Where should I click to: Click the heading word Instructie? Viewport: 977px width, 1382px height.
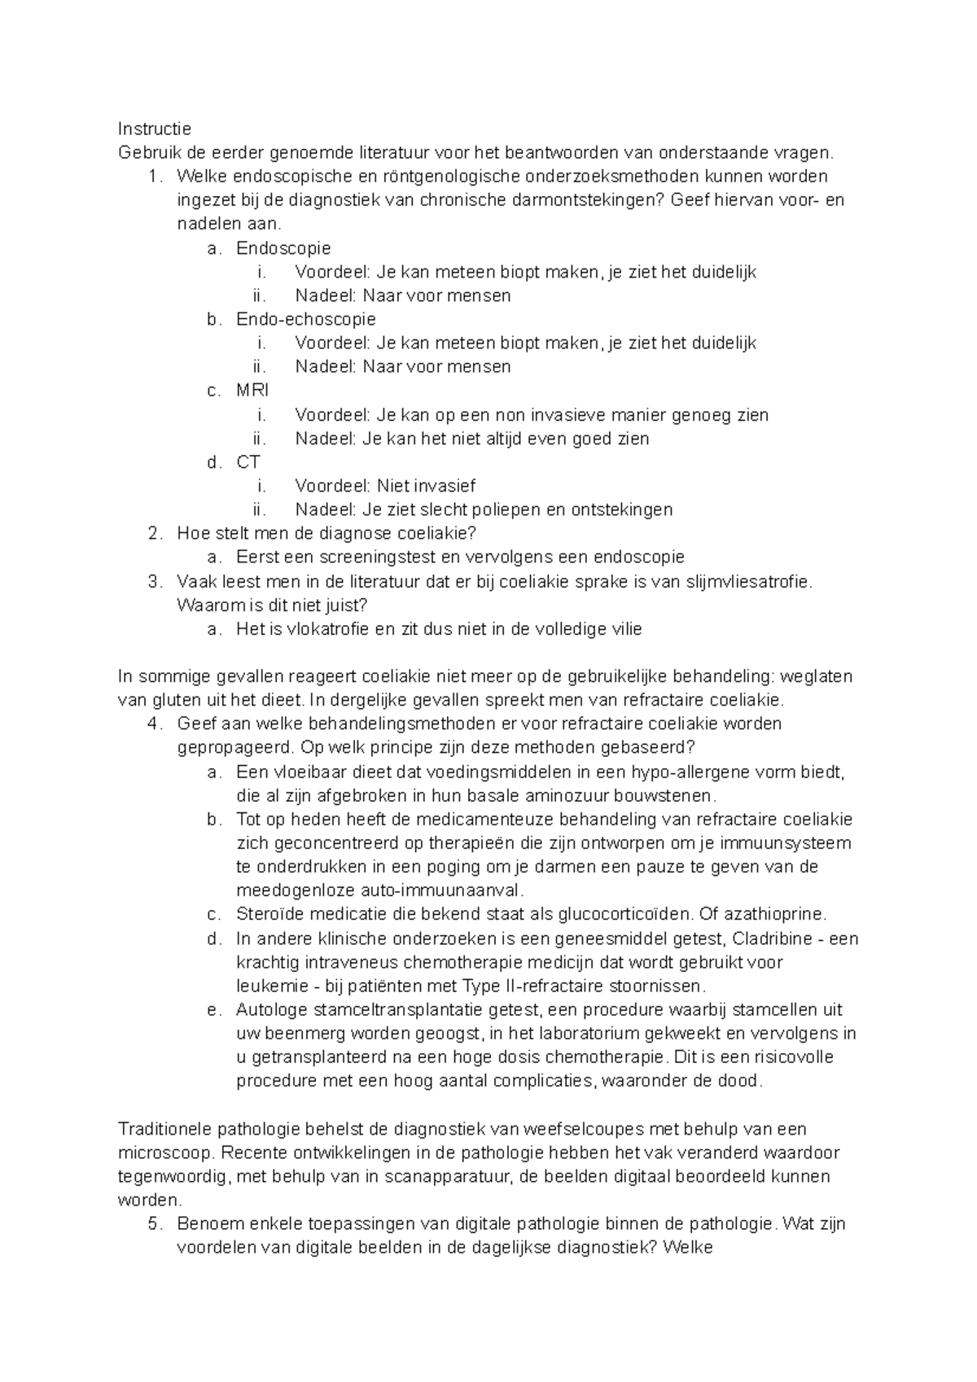(x=155, y=129)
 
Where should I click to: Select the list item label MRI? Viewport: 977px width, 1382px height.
(x=252, y=391)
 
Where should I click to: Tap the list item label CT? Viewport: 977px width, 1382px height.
(x=248, y=462)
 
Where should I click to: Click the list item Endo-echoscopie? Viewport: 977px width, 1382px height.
(x=306, y=319)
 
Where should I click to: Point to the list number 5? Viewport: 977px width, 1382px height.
(x=156, y=1224)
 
